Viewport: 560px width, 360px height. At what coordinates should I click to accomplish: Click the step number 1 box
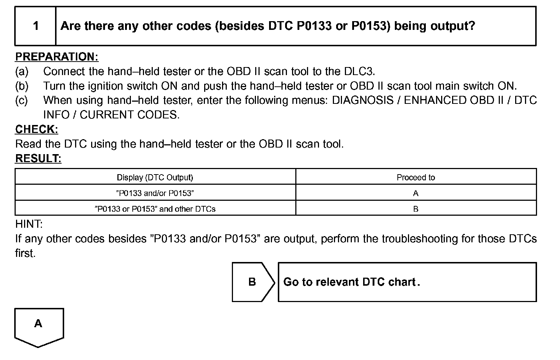pos(35,26)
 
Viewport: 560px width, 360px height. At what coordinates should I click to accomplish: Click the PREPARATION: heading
pos(57,57)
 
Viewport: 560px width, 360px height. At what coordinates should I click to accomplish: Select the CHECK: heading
pos(36,129)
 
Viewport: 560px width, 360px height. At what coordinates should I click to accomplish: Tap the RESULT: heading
pos(38,159)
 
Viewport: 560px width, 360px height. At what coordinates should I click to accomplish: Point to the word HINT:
pos(29,224)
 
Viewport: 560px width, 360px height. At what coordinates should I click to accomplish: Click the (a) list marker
pos(22,71)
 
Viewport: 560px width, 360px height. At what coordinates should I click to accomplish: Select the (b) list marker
pos(22,86)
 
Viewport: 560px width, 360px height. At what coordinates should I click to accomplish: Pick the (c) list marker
pos(22,100)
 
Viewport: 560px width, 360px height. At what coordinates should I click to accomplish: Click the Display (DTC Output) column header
pos(155,177)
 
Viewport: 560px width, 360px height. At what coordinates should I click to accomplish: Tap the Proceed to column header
pos(416,177)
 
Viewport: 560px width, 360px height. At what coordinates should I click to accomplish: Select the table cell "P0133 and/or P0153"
pos(155,193)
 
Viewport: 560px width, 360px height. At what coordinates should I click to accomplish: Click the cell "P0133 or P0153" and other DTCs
pos(155,209)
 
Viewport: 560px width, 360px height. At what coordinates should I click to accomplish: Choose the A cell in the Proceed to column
pos(416,193)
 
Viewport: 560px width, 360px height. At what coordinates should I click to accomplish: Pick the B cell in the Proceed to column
pos(416,209)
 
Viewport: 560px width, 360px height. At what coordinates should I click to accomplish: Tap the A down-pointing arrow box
pos(39,325)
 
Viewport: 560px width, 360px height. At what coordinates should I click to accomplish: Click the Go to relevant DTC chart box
pos(407,282)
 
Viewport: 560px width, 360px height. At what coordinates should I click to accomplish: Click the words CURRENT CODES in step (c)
pos(129,115)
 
